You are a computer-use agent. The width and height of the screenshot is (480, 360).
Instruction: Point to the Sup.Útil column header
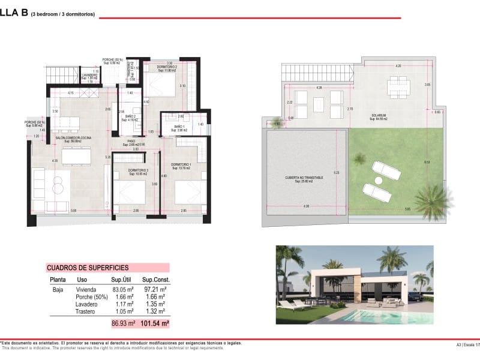[x=121, y=280]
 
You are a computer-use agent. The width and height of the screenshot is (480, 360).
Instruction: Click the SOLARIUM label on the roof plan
[x=378, y=115]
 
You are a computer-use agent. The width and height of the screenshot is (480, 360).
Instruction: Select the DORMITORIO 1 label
[x=181, y=164]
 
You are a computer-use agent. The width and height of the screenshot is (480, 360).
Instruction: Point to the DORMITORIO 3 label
[x=137, y=170]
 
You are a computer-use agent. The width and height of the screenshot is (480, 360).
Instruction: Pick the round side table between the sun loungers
[x=379, y=179]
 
